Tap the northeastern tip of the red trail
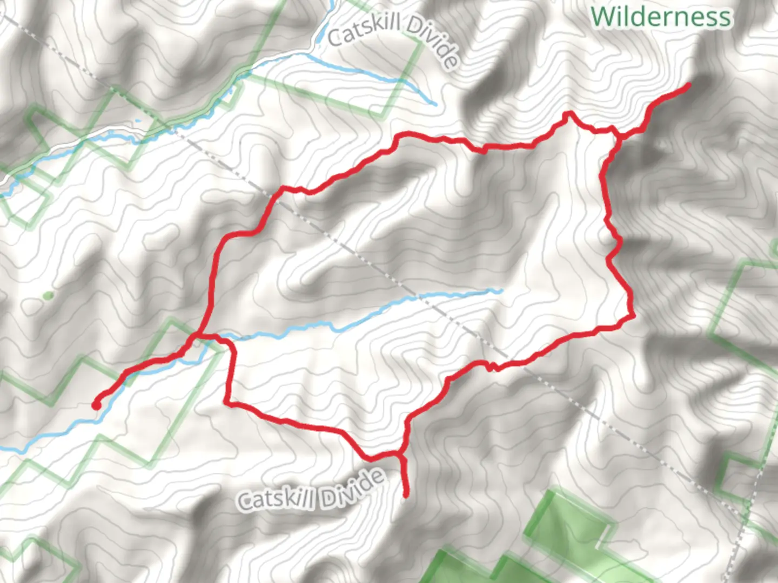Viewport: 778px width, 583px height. (x=688, y=85)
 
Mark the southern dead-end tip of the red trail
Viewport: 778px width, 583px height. (x=406, y=493)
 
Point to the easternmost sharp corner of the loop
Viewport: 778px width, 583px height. (x=631, y=315)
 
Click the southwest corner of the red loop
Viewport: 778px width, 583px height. (x=227, y=402)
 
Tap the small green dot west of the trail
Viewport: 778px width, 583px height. (x=48, y=295)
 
